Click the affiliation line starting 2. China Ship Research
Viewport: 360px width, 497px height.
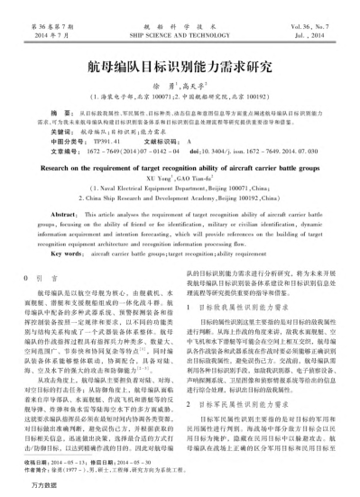tap(180, 196)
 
